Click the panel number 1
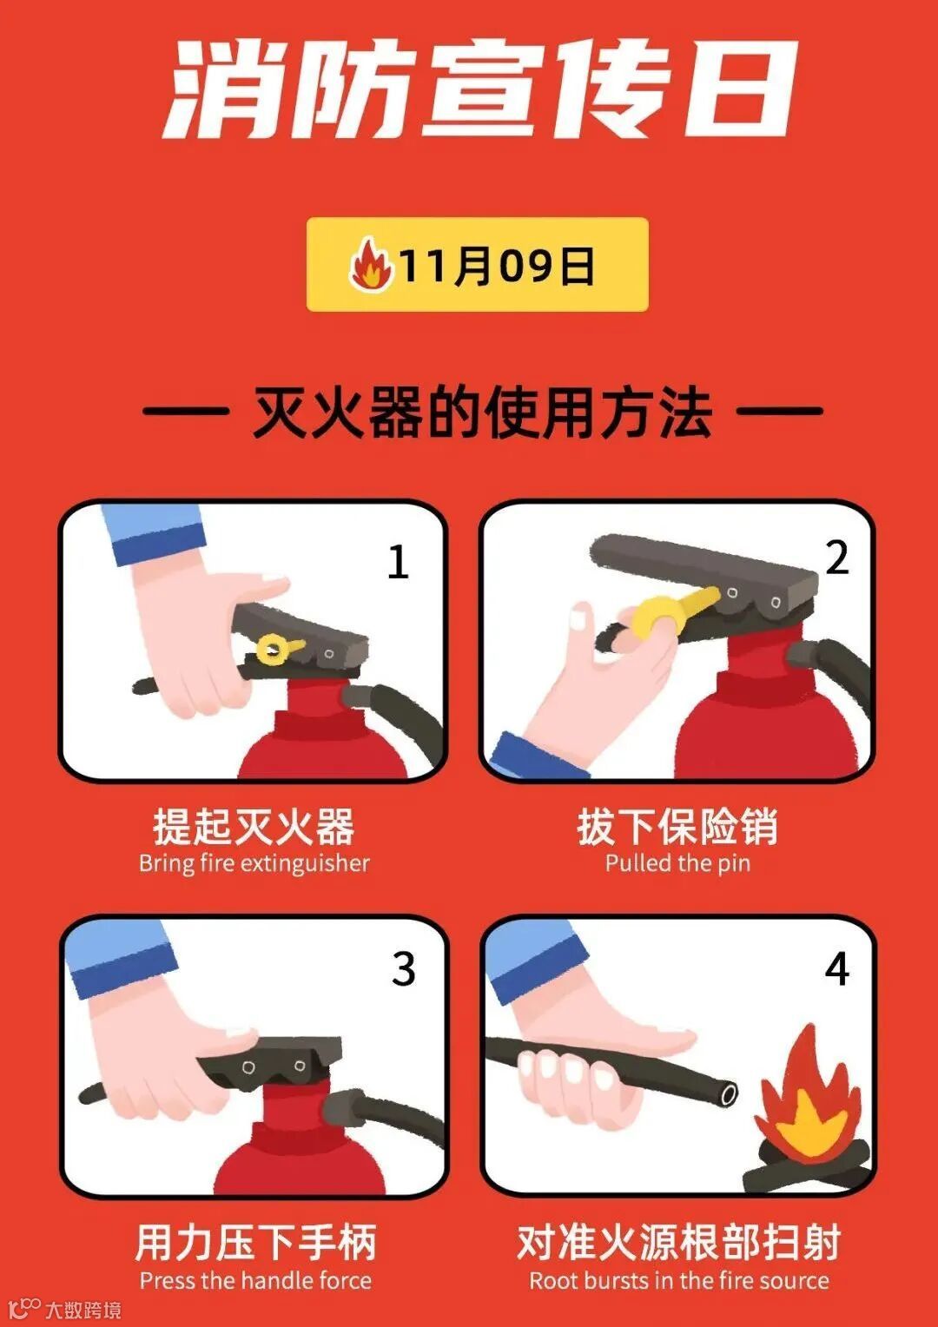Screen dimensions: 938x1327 (x=398, y=562)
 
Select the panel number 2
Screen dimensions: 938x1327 (x=836, y=558)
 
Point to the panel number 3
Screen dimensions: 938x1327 (x=404, y=969)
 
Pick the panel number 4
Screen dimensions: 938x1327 (x=836, y=969)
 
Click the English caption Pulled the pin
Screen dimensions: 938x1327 (x=677, y=864)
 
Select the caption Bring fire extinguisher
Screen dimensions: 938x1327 (x=254, y=864)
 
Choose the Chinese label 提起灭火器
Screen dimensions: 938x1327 (x=254, y=827)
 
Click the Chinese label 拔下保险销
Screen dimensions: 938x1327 (x=677, y=827)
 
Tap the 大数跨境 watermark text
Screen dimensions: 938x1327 (x=83, y=1309)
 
